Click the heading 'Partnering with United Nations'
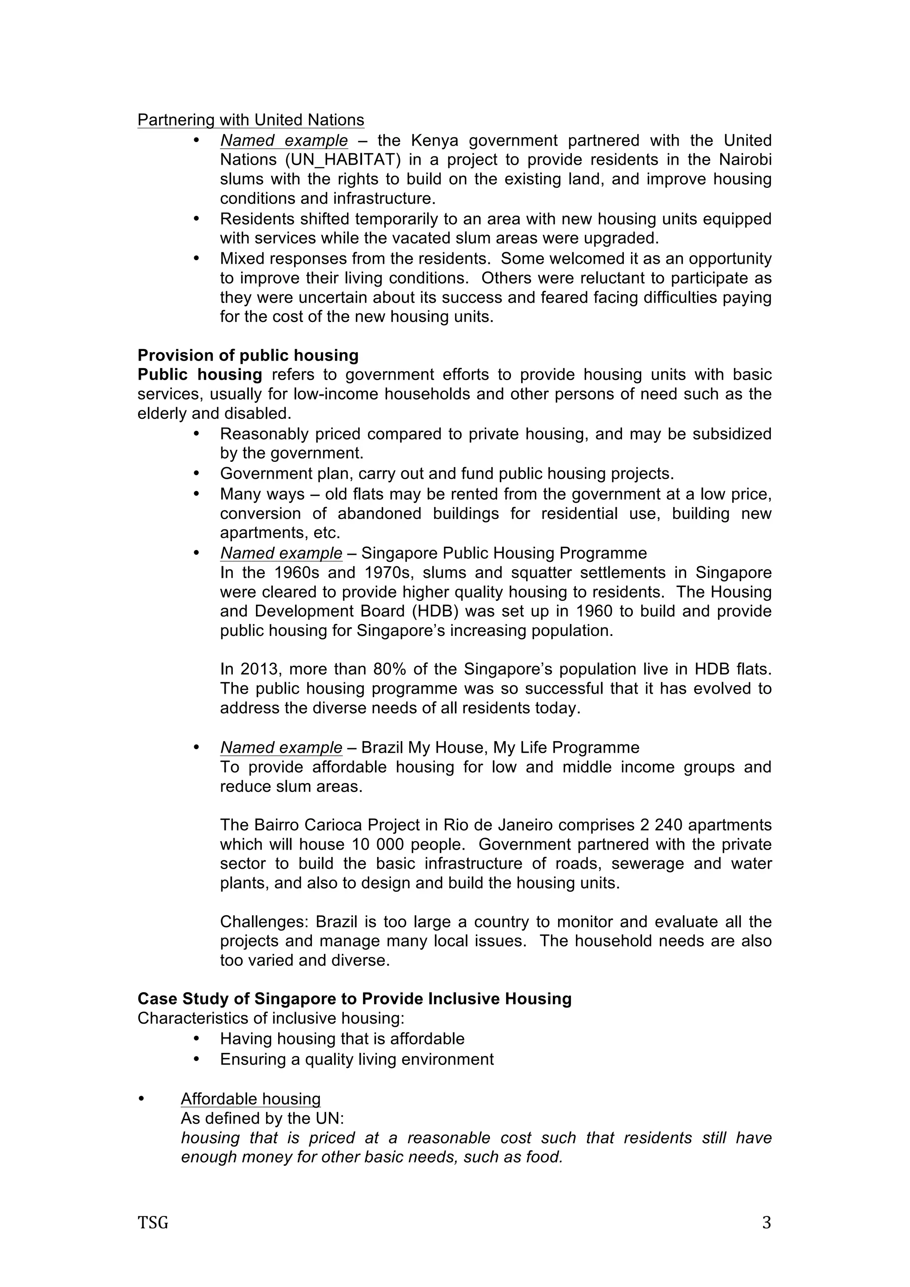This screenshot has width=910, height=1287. (x=251, y=120)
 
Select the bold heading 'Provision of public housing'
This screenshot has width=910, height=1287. (x=248, y=355)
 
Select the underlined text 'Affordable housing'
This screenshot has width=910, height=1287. (x=251, y=1099)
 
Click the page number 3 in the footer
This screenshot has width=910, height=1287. (x=766, y=1223)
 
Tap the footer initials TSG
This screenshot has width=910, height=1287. (x=152, y=1223)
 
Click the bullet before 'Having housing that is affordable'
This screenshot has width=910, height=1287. (x=196, y=1039)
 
